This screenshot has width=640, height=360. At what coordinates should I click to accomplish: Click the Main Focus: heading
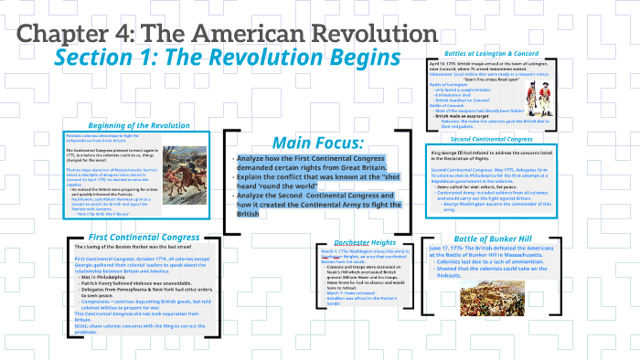pos(317,143)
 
